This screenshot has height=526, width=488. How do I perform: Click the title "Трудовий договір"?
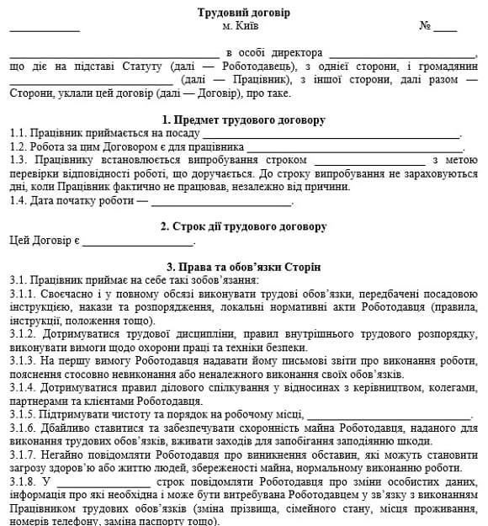(243, 13)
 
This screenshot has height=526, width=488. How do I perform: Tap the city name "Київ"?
(247, 26)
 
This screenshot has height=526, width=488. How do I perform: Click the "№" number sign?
(425, 26)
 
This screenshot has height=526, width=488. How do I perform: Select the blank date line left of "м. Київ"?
(45, 29)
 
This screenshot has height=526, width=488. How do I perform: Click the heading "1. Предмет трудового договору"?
(243, 120)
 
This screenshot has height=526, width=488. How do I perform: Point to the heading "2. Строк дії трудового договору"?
(243, 226)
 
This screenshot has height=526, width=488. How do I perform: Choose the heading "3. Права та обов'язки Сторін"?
(243, 266)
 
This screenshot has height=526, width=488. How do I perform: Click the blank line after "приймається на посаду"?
(331, 135)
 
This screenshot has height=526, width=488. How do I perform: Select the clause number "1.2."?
(19, 146)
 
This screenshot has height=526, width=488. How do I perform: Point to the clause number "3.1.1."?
(23, 294)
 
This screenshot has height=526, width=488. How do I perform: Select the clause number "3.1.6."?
(23, 428)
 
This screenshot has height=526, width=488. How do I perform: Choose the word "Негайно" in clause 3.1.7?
(63, 454)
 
